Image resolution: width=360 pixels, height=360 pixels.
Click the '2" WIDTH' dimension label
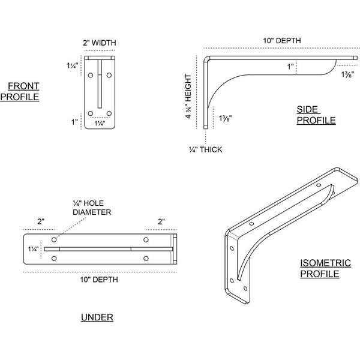click(100, 43)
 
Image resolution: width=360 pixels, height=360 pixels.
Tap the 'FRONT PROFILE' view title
click(20, 91)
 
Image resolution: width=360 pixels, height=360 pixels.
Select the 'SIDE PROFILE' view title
click(316, 115)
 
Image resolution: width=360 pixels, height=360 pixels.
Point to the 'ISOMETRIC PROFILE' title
click(325, 268)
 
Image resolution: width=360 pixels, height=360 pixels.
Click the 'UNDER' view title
click(97, 317)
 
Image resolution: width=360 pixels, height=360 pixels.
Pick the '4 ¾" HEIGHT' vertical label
click(188, 96)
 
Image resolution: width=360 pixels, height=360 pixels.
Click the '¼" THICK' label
click(205, 149)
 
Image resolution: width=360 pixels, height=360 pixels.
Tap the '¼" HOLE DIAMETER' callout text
click(92, 208)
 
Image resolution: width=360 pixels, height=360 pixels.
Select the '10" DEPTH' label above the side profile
click(282, 41)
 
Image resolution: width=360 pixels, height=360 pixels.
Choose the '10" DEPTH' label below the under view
click(99, 280)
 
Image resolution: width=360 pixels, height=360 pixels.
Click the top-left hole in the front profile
click(91, 75)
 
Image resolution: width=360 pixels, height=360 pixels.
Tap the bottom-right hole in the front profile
click(109, 113)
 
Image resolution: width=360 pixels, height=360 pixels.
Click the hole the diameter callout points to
click(54, 239)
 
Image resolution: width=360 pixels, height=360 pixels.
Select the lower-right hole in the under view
click(146, 259)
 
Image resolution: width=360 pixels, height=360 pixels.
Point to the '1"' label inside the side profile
click(290, 67)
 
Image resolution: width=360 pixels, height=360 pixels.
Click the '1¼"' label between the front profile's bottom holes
click(100, 123)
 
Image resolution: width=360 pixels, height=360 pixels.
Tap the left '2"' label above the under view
click(41, 221)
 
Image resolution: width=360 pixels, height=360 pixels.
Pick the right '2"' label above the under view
click(161, 221)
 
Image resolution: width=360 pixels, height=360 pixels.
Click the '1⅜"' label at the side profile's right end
click(347, 74)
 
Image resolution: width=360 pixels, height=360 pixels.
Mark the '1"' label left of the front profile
click(74, 122)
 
